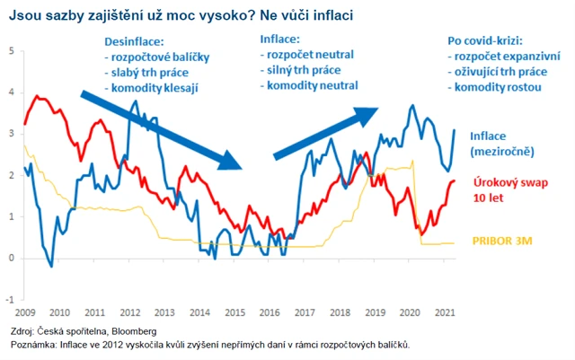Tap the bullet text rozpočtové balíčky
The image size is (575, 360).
(156, 57)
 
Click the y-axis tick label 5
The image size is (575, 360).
(11, 50)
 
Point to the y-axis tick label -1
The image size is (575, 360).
(10, 300)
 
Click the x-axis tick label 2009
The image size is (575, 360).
(23, 313)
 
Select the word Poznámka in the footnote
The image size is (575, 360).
(31, 344)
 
